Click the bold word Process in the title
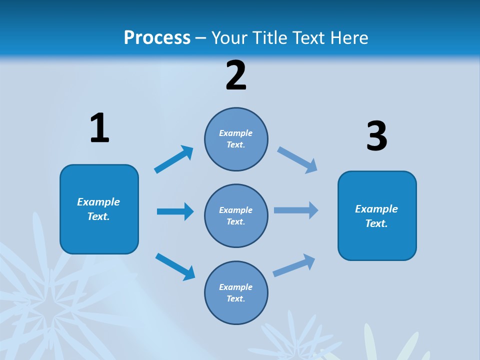(x=157, y=37)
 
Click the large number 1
(x=99, y=128)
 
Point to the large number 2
(x=236, y=75)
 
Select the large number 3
(x=376, y=136)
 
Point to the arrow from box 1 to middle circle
(x=175, y=211)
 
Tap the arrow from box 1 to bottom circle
(x=175, y=266)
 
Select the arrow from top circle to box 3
(x=297, y=159)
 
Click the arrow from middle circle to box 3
(x=296, y=210)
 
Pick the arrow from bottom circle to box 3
(x=294, y=265)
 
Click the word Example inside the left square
(x=98, y=202)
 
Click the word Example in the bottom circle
(x=236, y=287)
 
